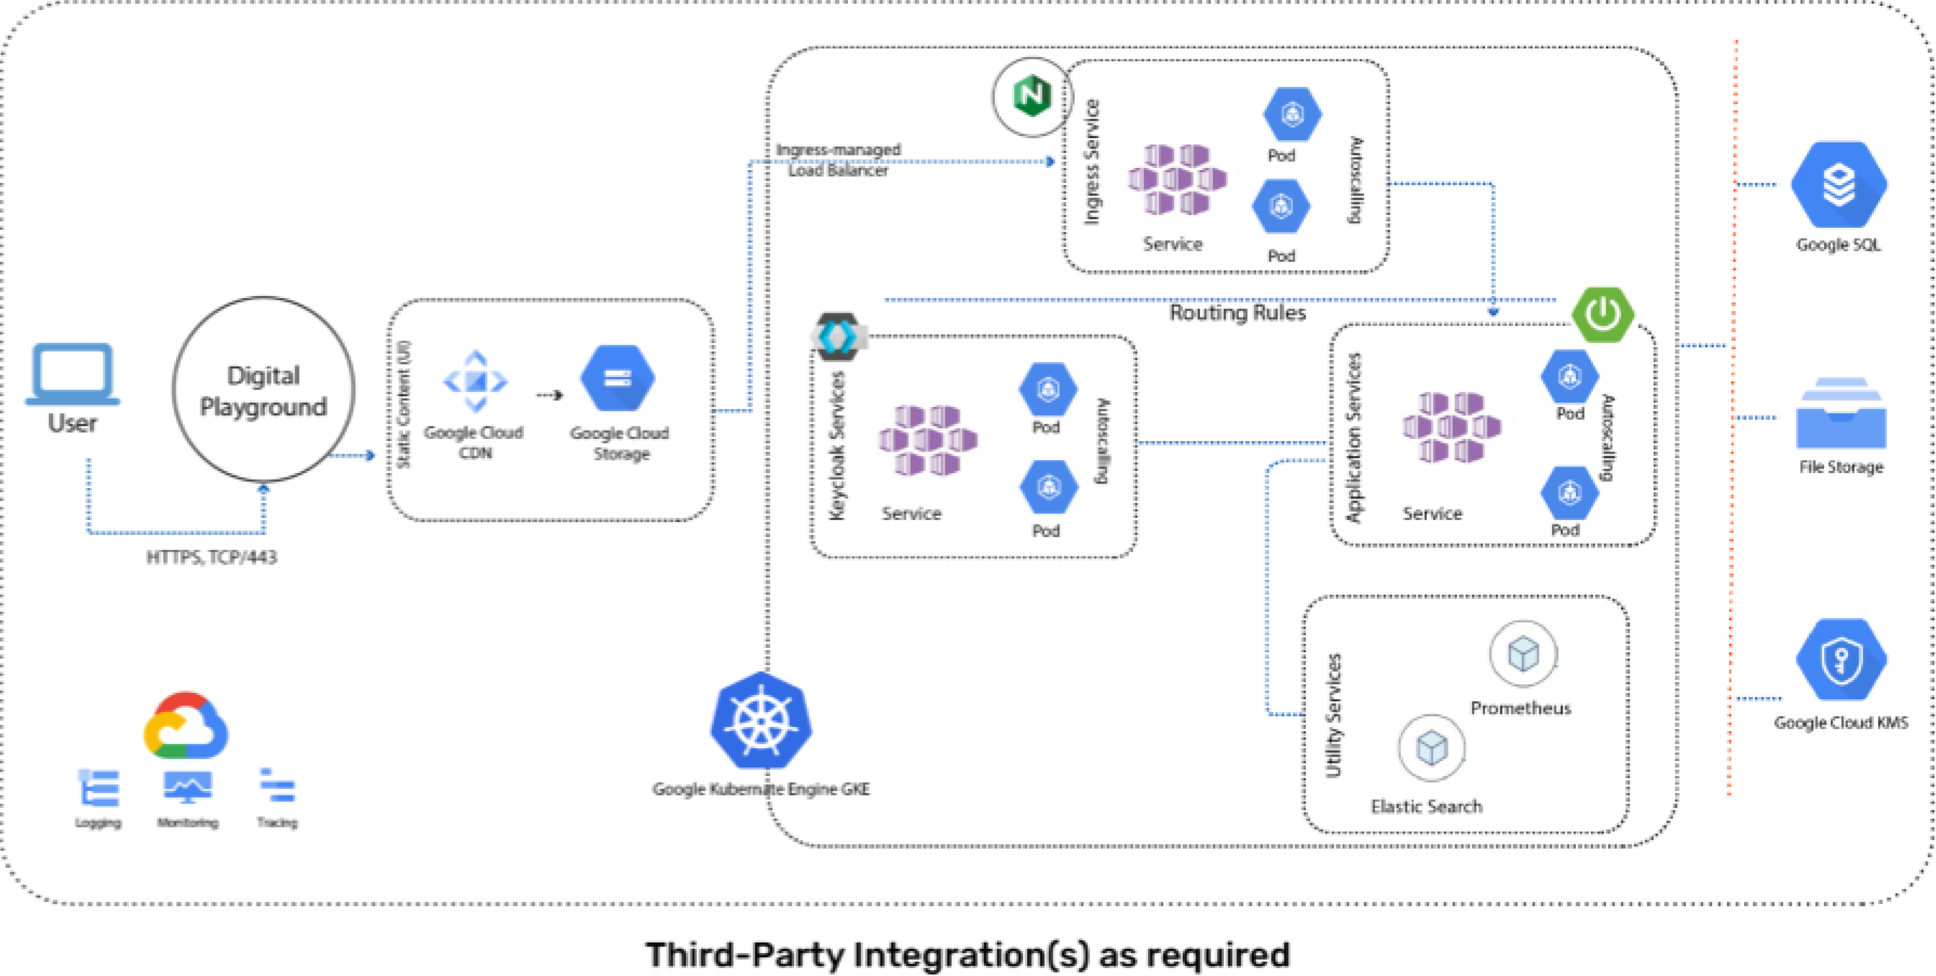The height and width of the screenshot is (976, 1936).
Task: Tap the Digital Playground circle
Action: coord(263,389)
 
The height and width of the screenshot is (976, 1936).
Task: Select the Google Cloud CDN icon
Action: coord(475,381)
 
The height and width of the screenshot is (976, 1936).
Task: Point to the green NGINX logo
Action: coord(1032,96)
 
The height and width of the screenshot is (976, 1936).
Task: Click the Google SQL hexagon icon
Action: coord(1838,185)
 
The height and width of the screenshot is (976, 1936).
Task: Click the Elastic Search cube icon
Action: coord(1431,748)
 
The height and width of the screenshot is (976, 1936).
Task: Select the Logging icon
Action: coord(99,787)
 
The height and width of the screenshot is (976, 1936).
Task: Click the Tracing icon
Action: coord(277,787)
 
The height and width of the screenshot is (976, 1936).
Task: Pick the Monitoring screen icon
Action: coord(187,787)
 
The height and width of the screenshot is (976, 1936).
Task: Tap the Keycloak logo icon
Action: coord(838,336)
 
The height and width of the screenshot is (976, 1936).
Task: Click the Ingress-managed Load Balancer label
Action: coord(838,160)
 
